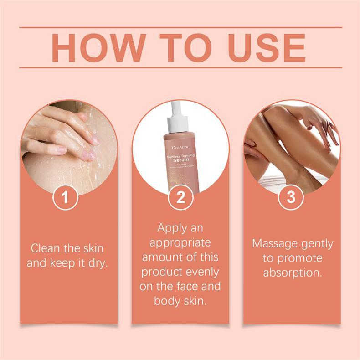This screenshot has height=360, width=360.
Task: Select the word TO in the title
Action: tap(179, 47)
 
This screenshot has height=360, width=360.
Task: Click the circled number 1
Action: tap(65, 198)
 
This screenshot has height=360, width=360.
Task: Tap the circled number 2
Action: tap(180, 198)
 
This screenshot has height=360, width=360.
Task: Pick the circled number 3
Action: tap(291, 198)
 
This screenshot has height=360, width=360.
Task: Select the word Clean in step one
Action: tap(45, 248)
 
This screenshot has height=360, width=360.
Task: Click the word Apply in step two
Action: tap(170, 227)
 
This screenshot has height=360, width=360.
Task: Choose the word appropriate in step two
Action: tap(180, 242)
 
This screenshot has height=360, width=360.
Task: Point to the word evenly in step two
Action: tap(201, 273)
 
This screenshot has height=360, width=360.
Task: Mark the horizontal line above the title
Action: tap(180, 27)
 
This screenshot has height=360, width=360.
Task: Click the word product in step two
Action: tap(160, 273)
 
